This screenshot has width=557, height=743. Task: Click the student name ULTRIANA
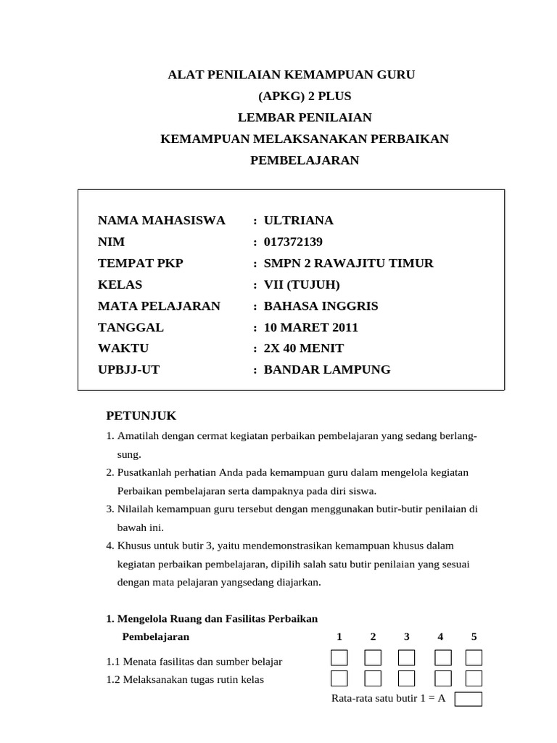[298, 221]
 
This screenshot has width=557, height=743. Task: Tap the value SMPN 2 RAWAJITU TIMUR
[348, 263]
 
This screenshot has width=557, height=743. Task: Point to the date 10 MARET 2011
[310, 327]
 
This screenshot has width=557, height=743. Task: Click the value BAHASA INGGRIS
[321, 305]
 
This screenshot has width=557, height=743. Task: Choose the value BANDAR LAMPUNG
[326, 369]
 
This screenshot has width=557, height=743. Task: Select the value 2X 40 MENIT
[303, 348]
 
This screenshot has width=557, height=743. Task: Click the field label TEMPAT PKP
[141, 263]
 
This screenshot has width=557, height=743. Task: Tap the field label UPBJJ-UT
[129, 369]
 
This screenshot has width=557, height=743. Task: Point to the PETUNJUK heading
[141, 416]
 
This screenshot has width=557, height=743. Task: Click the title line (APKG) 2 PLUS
[304, 96]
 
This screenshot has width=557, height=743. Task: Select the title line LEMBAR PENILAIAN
[305, 117]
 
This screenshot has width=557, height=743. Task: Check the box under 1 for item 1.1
[339, 658]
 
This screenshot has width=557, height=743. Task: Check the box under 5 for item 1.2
[474, 678]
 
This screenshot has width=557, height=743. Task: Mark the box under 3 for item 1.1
[406, 658]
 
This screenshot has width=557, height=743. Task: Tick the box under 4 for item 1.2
[442, 678]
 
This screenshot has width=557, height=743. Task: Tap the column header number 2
[373, 637]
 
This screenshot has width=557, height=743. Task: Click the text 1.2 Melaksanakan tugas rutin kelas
[185, 680]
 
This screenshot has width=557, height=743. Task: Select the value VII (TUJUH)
[301, 284]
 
